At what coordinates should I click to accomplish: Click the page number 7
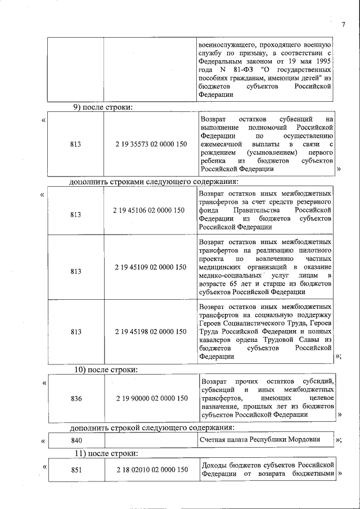[x=343, y=24]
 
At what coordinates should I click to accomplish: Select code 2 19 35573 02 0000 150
[x=151, y=145]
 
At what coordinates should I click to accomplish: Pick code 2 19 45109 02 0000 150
[x=151, y=267]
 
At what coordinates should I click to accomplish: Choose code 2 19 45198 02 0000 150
[x=151, y=332]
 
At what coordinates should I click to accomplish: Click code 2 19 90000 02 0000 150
[x=152, y=398]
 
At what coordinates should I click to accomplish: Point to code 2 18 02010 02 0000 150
[x=152, y=470]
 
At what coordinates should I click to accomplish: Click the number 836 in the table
[x=76, y=398]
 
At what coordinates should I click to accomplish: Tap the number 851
[x=76, y=470]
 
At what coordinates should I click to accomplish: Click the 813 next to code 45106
[x=75, y=215]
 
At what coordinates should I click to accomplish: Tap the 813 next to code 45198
[x=75, y=332]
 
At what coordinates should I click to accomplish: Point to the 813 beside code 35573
[x=75, y=145]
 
